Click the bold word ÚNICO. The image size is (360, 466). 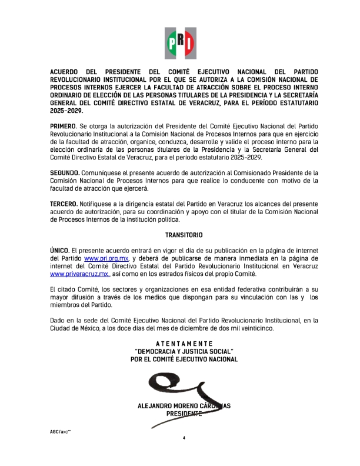point(59,250)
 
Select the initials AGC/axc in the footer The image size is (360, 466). point(61,431)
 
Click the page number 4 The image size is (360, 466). point(184,438)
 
